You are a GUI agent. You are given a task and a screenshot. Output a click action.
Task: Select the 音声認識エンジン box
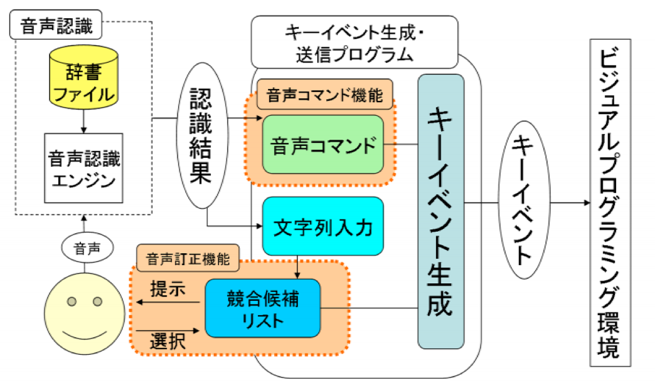click(84, 167)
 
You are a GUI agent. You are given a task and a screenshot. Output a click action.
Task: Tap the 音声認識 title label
click(56, 26)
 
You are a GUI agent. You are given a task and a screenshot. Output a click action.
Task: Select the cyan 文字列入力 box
click(322, 226)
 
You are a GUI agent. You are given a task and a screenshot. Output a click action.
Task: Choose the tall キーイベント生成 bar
click(440, 211)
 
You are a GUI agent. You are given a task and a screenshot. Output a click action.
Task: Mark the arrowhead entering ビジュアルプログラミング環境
click(585, 203)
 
